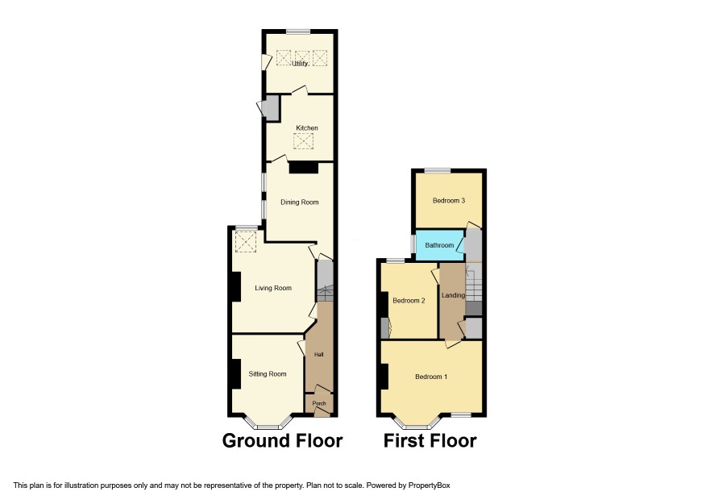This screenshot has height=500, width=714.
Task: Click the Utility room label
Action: coord(300,64)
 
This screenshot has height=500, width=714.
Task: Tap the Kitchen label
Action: coord(307,128)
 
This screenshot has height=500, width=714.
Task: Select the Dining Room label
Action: coord(300,202)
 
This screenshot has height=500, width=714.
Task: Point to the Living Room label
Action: coord(273,288)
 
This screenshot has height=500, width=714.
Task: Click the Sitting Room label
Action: coord(268,374)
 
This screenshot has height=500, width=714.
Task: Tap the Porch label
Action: coord(319,403)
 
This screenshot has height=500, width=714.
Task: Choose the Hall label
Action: coord(319,354)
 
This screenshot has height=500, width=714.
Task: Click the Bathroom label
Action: coord(439,245)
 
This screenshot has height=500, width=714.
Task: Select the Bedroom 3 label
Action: coord(449,201)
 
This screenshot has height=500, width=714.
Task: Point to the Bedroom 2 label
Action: coord(409,301)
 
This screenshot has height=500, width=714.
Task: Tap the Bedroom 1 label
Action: coord(431,377)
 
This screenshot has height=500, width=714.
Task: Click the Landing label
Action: coord(453,295)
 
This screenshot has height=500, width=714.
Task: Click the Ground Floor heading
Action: coord(282,441)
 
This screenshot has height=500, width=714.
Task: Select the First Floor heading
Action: coord(430,441)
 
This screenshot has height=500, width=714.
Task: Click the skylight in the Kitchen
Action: coord(303,141)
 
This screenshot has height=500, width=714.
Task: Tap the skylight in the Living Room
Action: coord(246,242)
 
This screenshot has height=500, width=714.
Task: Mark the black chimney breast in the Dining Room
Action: coord(304,167)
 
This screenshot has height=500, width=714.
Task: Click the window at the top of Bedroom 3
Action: coord(438,171)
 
